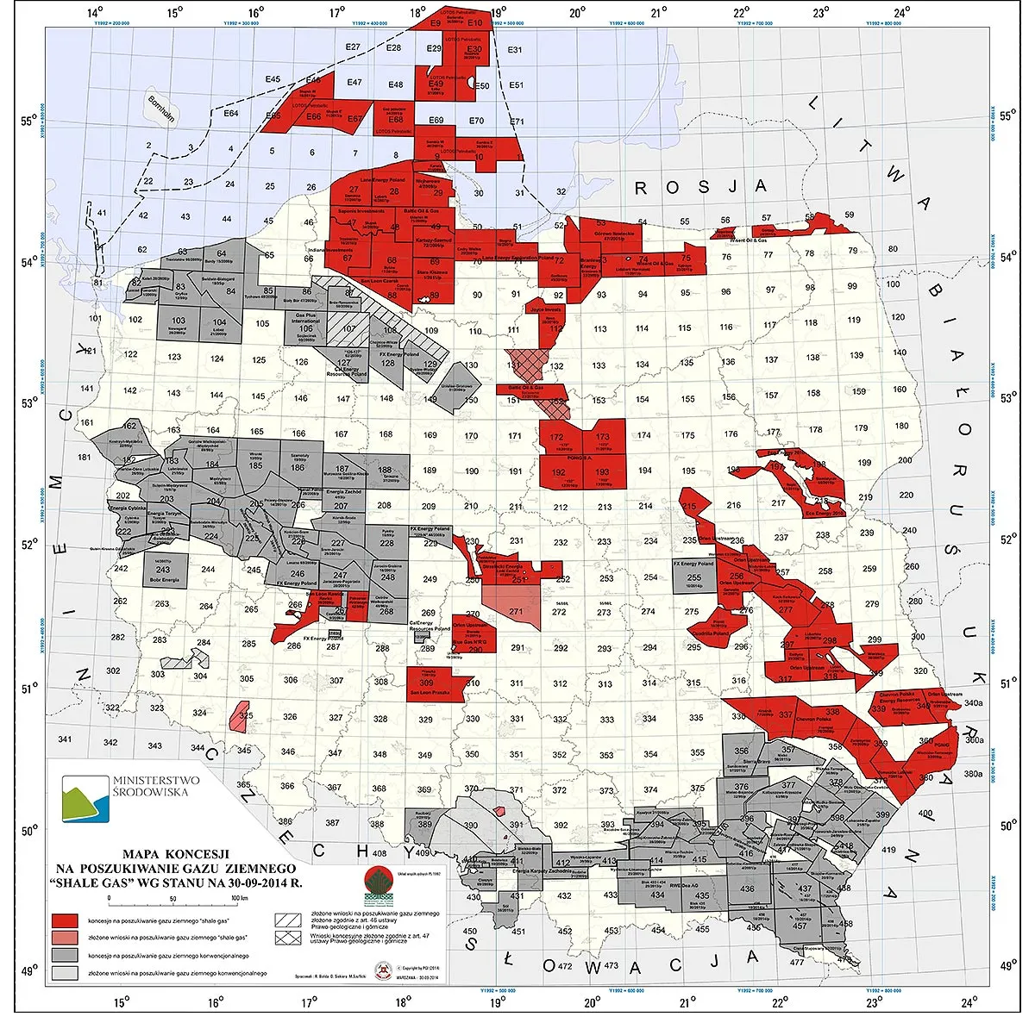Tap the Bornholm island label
(x=160, y=108)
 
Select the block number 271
(x=516, y=612)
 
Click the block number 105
(x=262, y=324)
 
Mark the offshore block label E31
(x=515, y=50)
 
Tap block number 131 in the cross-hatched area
(x=515, y=365)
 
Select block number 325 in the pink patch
(x=246, y=716)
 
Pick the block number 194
(x=645, y=471)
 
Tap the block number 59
(x=850, y=215)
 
